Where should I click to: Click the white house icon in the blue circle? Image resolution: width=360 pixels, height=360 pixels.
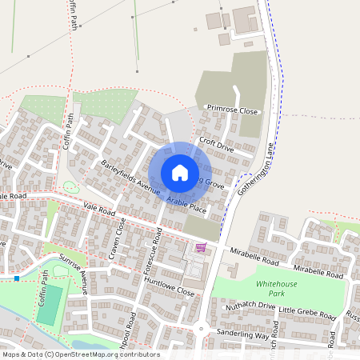(x=180, y=173)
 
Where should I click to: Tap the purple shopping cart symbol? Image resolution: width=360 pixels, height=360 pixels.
(x=200, y=247)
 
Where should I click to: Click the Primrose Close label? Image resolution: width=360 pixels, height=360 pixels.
(x=233, y=110)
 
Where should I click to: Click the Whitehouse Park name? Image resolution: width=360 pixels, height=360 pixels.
(x=275, y=289)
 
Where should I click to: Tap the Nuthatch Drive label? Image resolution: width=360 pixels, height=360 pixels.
(x=250, y=305)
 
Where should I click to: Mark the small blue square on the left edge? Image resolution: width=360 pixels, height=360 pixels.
(x=17, y=278)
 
